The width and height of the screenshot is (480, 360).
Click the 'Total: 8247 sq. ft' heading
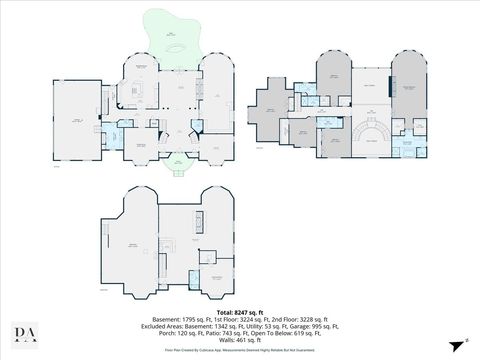(x=239, y=311)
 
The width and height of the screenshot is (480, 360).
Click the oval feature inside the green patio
(x=177, y=46)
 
